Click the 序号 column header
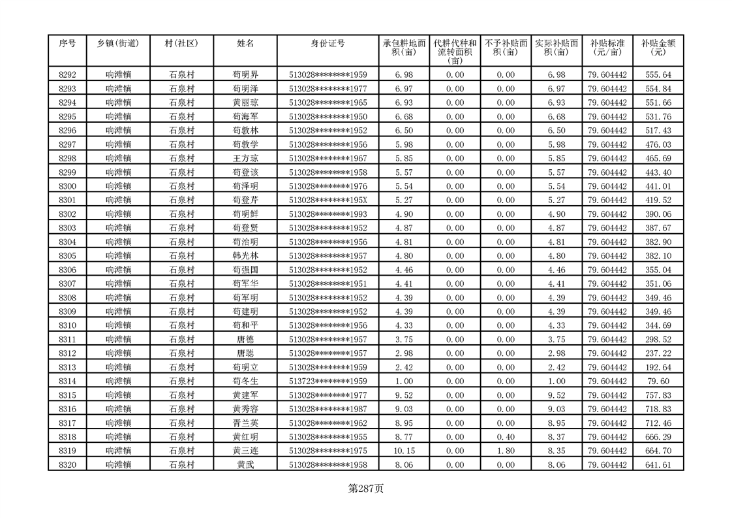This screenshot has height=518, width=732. point(67,43)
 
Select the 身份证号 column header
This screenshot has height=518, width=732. point(328,43)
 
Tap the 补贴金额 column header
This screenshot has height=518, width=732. point(658,47)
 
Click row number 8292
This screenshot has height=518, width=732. point(67,75)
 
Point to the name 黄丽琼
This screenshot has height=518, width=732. point(245,103)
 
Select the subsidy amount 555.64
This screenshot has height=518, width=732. point(658,75)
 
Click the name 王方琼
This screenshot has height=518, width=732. point(245,159)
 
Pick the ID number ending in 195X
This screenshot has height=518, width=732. point(328,201)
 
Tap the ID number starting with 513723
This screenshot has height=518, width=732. point(328,381)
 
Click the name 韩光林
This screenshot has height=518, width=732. point(245,256)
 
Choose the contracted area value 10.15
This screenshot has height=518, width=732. point(404,451)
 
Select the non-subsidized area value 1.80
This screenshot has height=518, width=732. point(505,451)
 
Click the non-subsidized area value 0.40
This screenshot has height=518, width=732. point(505,437)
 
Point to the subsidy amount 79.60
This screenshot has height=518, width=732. point(658,381)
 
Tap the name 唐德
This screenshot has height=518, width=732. point(245,340)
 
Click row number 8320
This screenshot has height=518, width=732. point(67,465)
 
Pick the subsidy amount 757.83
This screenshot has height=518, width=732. point(658,395)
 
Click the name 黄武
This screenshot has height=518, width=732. point(245,465)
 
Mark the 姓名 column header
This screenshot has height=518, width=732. point(245,43)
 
